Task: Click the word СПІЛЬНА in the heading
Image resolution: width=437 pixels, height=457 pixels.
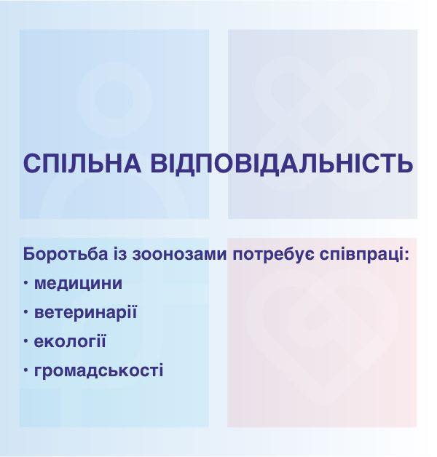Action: [x=82, y=163]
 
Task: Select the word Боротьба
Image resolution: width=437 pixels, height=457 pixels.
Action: [x=66, y=254]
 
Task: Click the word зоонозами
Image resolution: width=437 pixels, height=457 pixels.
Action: [x=179, y=255]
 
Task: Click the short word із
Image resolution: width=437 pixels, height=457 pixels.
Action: [x=120, y=254]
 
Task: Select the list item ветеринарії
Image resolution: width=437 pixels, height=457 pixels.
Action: [x=85, y=313]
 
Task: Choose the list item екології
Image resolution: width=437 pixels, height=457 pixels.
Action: [x=70, y=341]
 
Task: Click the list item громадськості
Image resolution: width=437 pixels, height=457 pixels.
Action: [x=98, y=370]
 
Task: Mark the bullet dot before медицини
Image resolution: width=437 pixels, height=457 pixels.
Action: [x=26, y=282]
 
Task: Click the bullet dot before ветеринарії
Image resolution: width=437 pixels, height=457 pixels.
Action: [x=26, y=312]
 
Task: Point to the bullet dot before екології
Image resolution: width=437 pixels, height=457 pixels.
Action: [x=26, y=341]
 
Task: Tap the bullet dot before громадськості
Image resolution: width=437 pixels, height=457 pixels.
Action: [x=26, y=370]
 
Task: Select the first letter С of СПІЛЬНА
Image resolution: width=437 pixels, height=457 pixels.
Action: [x=31, y=163]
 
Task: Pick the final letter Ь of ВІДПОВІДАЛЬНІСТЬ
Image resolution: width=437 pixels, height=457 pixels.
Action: [x=405, y=163]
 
